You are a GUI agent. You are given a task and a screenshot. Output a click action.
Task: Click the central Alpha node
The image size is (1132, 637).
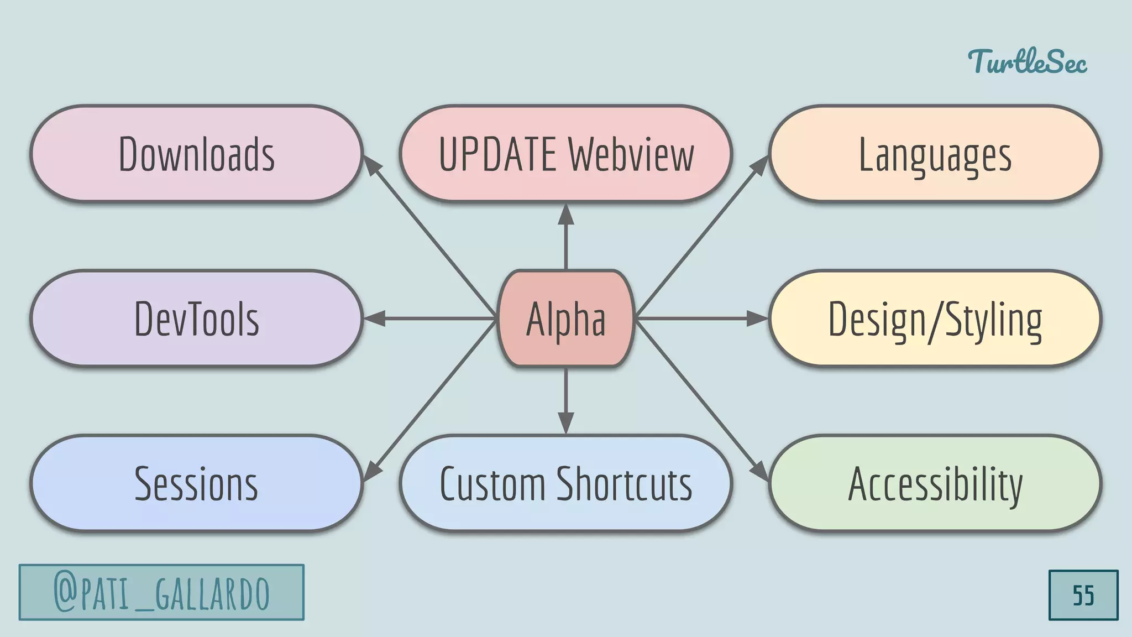[565, 318]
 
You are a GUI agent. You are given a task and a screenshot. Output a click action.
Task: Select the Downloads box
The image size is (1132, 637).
[196, 154]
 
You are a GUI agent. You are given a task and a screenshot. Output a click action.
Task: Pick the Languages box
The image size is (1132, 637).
[935, 154]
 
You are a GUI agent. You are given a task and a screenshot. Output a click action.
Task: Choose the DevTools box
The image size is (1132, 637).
[196, 318]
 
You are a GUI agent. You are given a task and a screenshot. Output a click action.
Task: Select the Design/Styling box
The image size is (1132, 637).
[935, 318]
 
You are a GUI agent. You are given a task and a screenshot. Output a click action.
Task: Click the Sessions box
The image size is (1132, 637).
[196, 483]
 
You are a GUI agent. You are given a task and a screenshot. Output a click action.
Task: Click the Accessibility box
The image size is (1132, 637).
[935, 483]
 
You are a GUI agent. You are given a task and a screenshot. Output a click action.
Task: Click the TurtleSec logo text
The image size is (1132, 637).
[1027, 61]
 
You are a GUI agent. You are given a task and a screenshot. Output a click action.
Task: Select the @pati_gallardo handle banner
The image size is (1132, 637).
[161, 592]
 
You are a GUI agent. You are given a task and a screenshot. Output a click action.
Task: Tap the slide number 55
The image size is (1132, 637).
[1083, 596]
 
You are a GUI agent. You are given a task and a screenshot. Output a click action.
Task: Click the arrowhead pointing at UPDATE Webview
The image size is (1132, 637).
[565, 215]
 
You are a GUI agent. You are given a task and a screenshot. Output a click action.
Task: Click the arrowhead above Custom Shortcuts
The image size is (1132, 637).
[565, 422]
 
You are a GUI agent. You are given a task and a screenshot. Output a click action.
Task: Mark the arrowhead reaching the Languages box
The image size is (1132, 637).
[761, 165]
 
